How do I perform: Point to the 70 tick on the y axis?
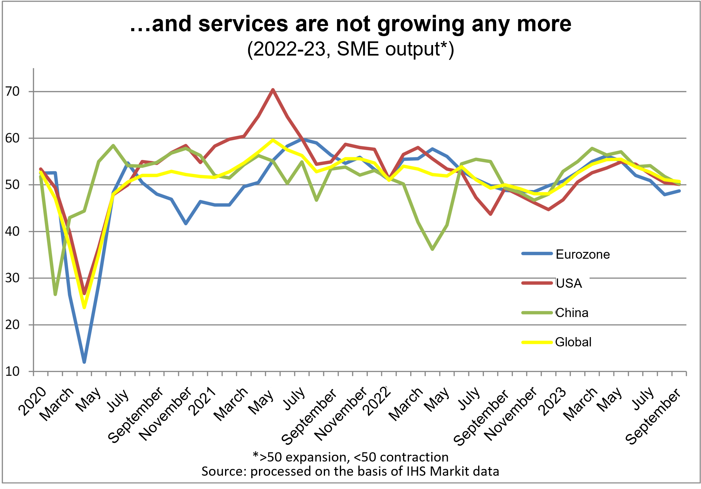(12, 91)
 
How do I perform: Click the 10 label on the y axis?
(12, 371)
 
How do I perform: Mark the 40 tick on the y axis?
(12, 231)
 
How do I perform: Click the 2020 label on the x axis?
(32, 401)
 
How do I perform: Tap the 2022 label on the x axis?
(377, 401)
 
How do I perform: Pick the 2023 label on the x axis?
(552, 401)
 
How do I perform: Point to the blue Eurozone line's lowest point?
(84, 362)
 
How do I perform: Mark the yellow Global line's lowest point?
(84, 307)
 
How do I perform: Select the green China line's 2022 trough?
(432, 249)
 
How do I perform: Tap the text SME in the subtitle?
(358, 49)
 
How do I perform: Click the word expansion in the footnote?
(318, 457)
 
